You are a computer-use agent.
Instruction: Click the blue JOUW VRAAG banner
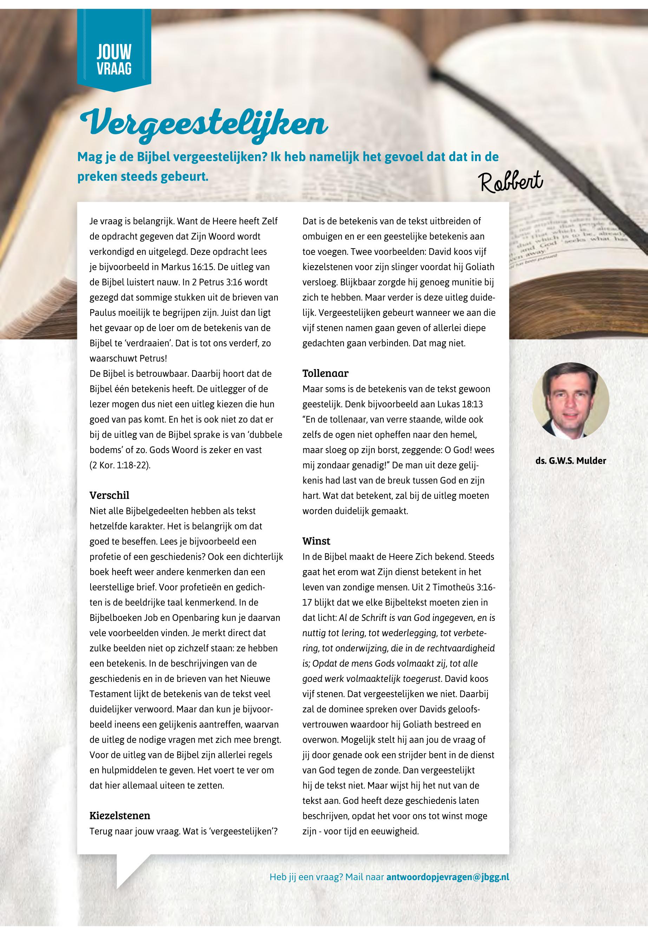click(x=114, y=61)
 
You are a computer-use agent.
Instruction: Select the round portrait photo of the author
click(x=570, y=400)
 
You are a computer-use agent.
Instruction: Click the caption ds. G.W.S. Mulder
click(x=570, y=460)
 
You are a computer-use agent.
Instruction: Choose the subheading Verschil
click(x=109, y=495)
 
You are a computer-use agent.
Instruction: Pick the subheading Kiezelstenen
click(x=120, y=815)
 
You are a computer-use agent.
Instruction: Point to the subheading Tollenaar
click(x=325, y=373)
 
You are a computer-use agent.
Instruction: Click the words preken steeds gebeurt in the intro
click(x=143, y=177)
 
